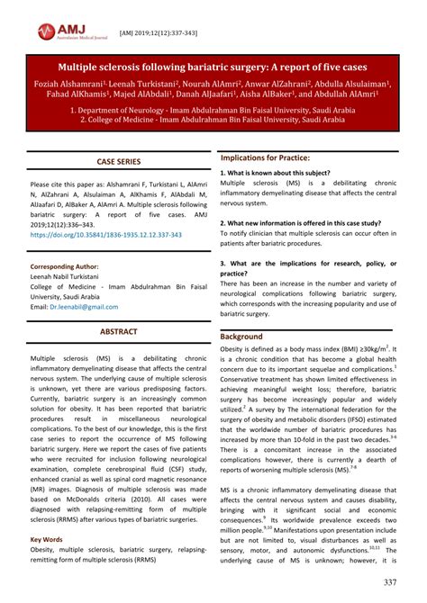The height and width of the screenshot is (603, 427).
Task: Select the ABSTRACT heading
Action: coord(119,332)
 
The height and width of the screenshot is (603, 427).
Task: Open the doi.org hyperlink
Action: coord(106,235)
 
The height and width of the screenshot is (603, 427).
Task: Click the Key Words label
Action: coord(48,538)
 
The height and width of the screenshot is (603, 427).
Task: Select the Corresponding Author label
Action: coord(65,266)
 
